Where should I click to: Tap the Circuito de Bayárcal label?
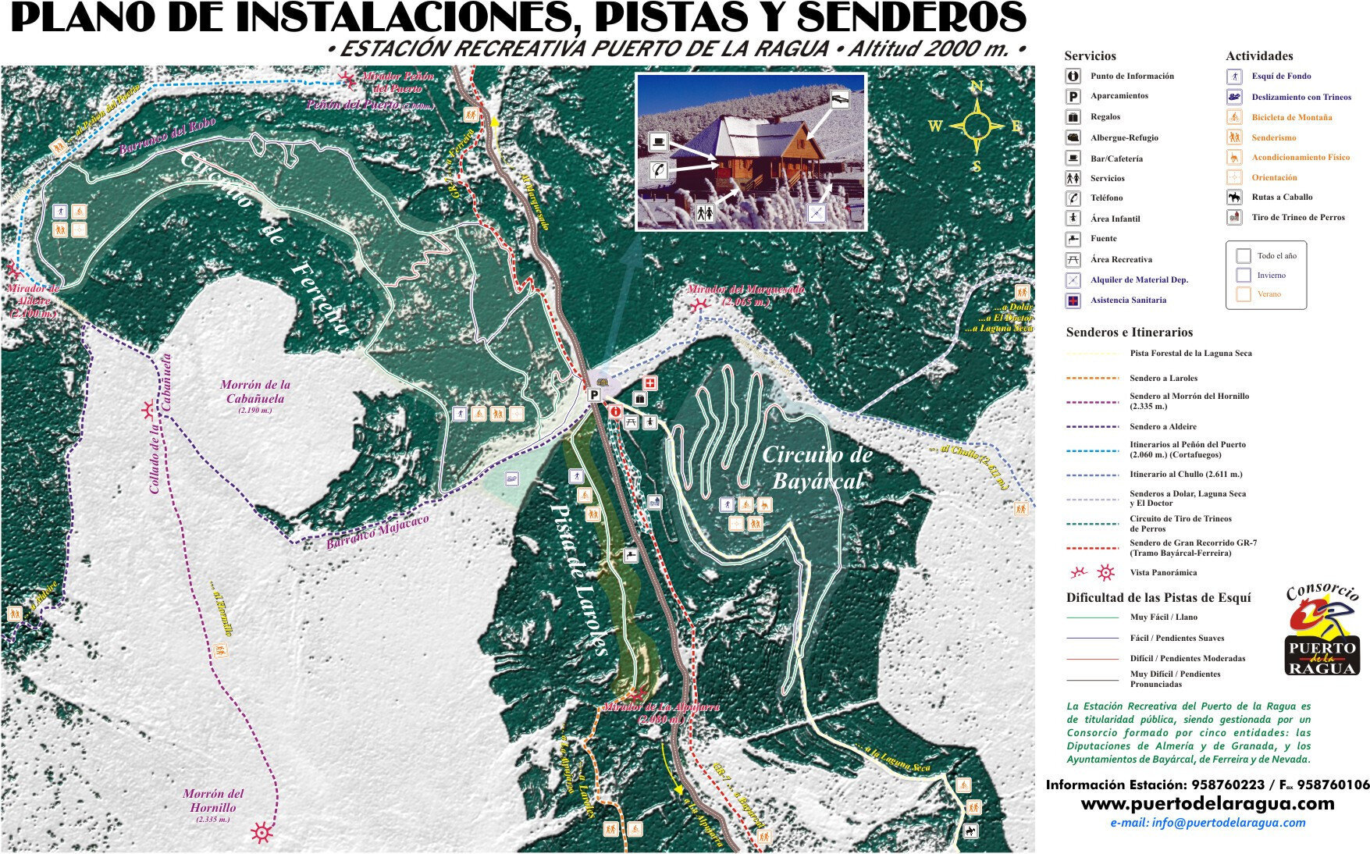(817, 467)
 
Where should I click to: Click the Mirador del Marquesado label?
(745, 294)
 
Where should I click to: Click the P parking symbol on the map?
(594, 396)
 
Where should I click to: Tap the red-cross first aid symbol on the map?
(649, 383)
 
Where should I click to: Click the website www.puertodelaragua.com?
(1207, 803)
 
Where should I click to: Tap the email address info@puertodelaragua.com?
(1207, 823)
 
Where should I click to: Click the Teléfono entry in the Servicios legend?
(1106, 198)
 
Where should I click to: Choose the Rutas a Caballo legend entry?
(1282, 197)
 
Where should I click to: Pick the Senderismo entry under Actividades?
(1273, 137)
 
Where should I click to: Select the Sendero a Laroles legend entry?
(1163, 378)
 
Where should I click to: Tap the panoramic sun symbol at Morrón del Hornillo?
(262, 833)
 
